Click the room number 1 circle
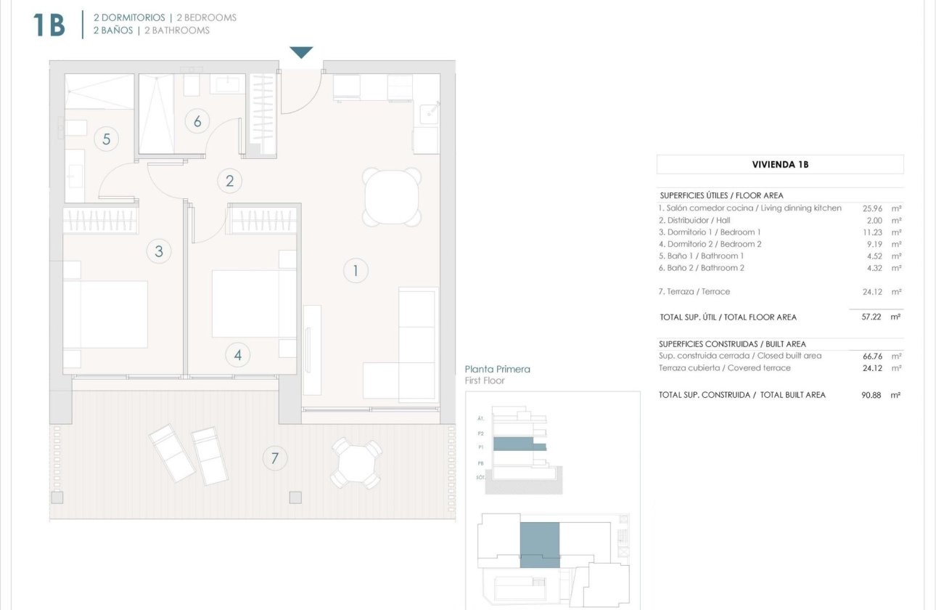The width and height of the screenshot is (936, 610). (x=356, y=272)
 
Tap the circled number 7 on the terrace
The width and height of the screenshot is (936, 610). (x=274, y=458)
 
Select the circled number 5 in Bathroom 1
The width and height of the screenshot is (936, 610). (x=106, y=139)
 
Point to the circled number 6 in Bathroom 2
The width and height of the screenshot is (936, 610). (x=197, y=121)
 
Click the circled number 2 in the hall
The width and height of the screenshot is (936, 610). (x=230, y=181)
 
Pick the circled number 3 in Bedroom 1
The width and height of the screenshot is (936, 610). (x=159, y=252)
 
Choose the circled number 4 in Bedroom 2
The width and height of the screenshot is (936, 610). (x=237, y=355)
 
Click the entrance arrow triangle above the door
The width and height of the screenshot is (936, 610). (x=301, y=52)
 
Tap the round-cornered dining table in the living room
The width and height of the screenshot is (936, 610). (x=393, y=197)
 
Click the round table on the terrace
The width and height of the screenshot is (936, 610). (x=356, y=463)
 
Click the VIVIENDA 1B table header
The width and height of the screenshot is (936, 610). (x=780, y=164)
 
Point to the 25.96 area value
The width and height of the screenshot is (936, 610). (x=871, y=208)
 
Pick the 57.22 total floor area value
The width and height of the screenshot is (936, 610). (x=871, y=317)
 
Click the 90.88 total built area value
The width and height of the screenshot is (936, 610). (x=871, y=395)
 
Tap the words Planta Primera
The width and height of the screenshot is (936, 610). (x=497, y=369)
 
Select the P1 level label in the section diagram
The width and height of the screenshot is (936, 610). (x=481, y=447)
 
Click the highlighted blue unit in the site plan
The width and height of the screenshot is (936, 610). (x=540, y=543)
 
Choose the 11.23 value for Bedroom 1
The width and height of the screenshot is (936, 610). (x=871, y=232)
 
